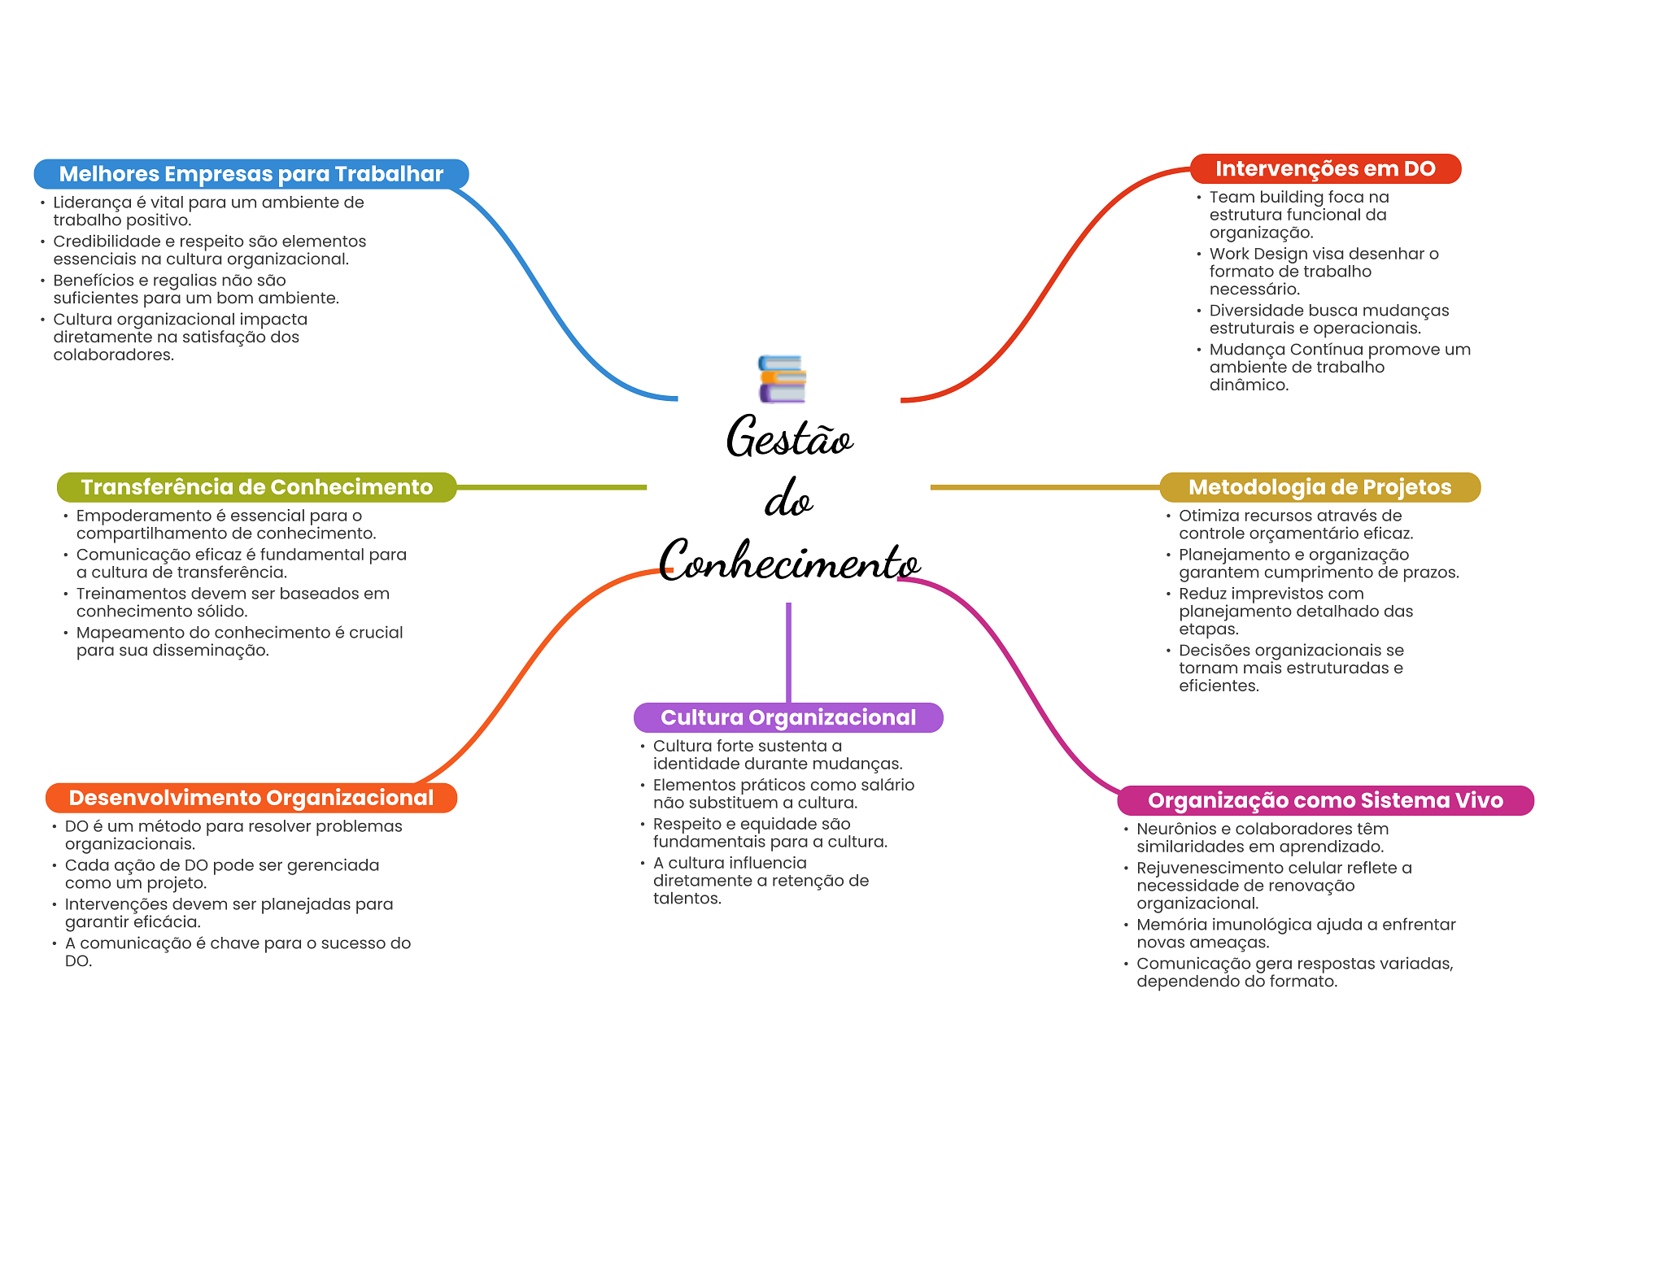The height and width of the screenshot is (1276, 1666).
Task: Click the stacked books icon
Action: [782, 379]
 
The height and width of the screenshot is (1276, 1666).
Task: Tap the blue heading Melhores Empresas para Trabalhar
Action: [251, 174]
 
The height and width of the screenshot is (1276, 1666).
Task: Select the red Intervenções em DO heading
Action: [1325, 168]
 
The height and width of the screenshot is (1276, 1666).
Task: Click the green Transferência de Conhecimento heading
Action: [257, 487]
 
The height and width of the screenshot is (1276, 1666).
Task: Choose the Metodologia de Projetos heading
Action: [1320, 487]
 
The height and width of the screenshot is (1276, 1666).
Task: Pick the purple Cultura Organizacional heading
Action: [788, 717]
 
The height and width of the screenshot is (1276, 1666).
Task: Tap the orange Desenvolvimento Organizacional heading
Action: [251, 798]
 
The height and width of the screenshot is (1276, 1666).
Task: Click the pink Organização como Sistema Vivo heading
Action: [1326, 800]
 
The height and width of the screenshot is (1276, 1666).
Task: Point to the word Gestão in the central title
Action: [789, 437]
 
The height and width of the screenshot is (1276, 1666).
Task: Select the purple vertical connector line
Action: [788, 652]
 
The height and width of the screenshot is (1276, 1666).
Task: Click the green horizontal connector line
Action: [552, 487]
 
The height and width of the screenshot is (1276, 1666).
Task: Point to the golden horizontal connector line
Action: [1045, 487]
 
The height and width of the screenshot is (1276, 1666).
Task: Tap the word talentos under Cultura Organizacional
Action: [687, 899]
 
